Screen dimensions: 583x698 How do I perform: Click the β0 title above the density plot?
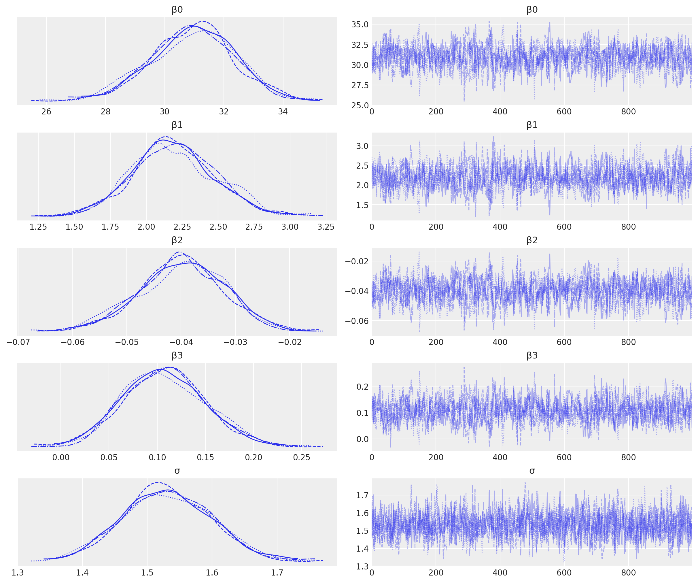coord(177,10)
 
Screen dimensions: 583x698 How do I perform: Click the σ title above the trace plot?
coord(532,471)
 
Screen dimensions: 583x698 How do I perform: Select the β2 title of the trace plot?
coord(532,240)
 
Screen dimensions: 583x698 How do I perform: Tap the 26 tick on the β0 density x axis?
coord(46,112)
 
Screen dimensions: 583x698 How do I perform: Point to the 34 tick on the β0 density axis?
coord(283,112)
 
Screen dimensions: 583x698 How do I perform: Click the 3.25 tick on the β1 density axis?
coord(326,227)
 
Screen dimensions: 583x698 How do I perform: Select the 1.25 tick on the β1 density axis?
coord(38,227)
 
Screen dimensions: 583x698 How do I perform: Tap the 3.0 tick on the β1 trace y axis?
coord(362,146)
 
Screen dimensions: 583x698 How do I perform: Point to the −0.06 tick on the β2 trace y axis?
coord(357,321)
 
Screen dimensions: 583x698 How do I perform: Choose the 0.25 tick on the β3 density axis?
coord(302,458)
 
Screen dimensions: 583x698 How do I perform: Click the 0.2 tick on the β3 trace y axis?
coord(362,386)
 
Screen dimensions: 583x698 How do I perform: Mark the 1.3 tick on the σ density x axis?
coord(18,573)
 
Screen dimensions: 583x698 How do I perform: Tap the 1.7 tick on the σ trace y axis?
coord(362,495)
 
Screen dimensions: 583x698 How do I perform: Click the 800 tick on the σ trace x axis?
coord(628,573)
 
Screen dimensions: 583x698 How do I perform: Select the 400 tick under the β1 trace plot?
coord(500,227)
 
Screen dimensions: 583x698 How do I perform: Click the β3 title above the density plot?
coord(177,356)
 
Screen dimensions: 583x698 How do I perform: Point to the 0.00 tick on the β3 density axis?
coord(61,458)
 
